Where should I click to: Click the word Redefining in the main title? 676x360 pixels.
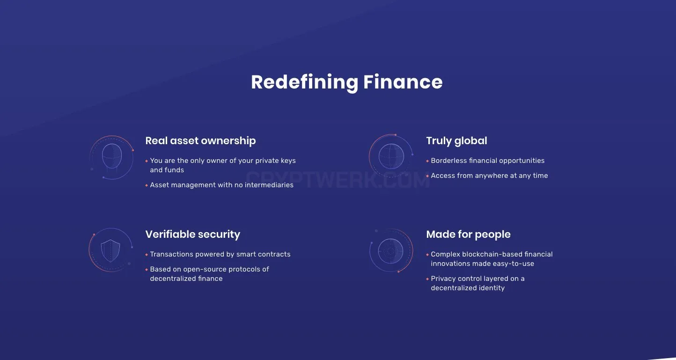click(304, 82)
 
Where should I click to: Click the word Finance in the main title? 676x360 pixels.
click(403, 82)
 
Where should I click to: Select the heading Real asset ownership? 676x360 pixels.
click(200, 141)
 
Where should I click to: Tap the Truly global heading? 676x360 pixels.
click(456, 141)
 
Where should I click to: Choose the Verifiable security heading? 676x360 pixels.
click(192, 235)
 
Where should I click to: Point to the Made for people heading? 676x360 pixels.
click(468, 235)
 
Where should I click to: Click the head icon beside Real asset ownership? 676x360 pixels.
click(112, 157)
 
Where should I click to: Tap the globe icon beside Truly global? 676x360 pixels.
click(391, 156)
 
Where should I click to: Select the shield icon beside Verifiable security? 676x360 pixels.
click(110, 250)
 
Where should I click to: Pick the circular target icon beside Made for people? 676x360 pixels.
click(391, 251)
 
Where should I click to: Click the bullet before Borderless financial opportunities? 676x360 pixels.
click(427, 161)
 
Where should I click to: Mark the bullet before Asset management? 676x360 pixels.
click(147, 185)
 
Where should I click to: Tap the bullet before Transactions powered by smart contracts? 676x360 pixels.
click(147, 255)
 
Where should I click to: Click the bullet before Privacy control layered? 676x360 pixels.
click(427, 279)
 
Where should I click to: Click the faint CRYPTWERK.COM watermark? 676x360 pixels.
click(338, 180)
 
